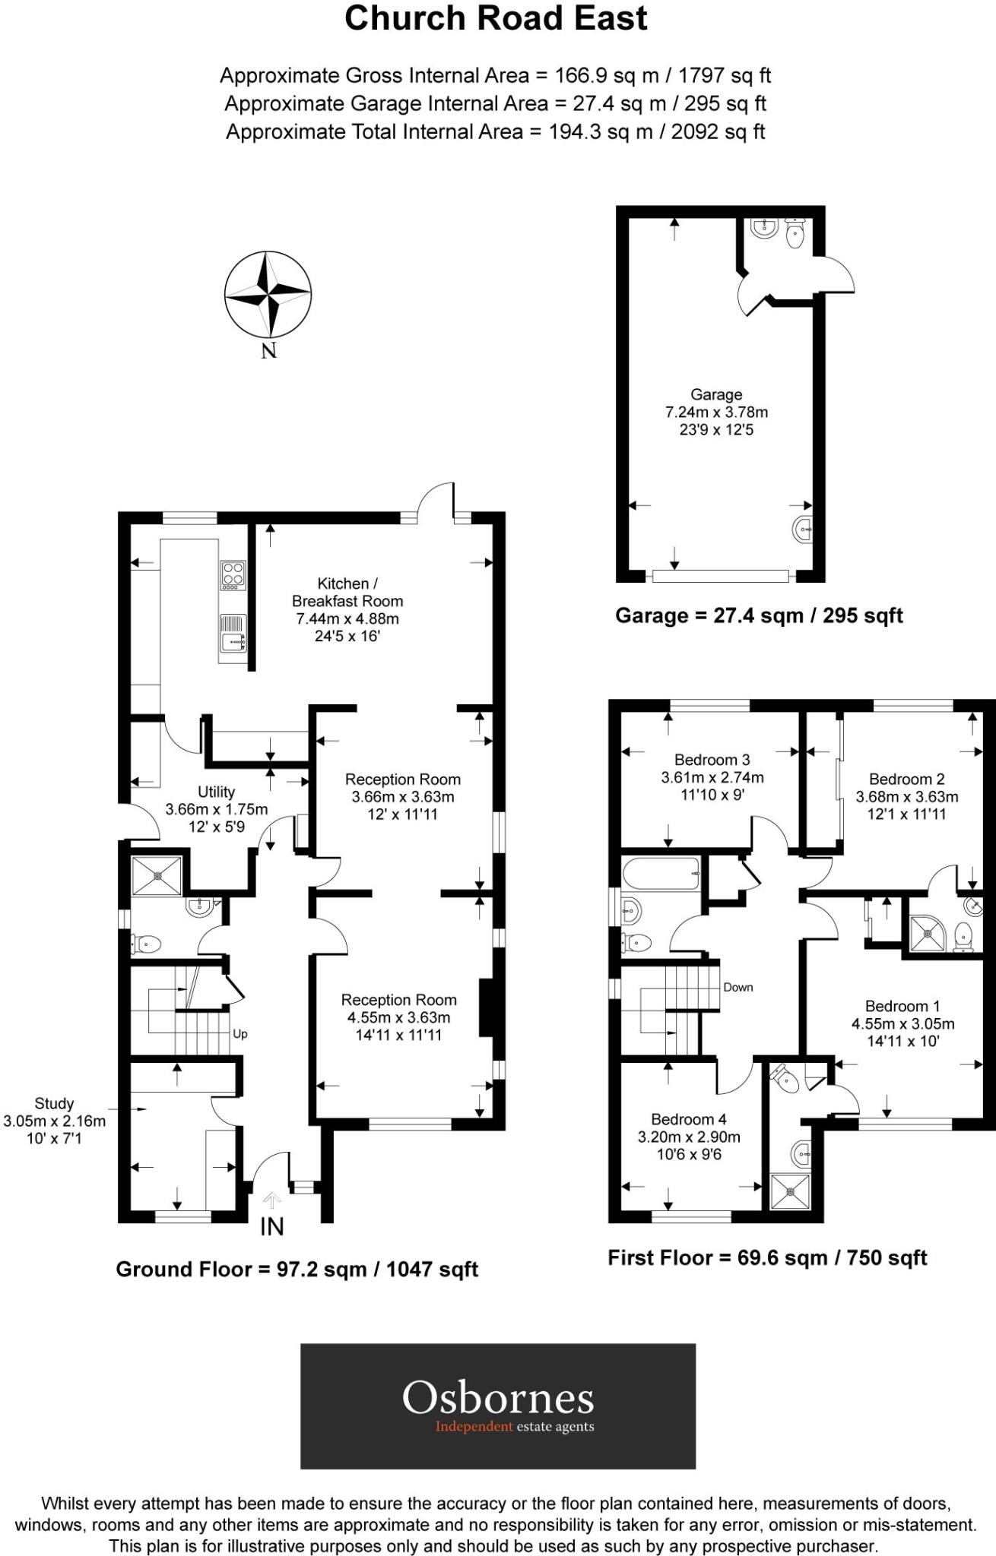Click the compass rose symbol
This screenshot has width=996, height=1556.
point(268,295)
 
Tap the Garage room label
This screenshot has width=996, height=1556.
point(716,394)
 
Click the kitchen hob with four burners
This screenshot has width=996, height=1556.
point(233,575)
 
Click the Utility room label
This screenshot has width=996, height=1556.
point(216,792)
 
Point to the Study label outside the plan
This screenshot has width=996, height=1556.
point(54,1103)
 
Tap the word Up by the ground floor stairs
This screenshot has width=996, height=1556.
point(240,1034)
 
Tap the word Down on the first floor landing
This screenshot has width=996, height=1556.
point(737,987)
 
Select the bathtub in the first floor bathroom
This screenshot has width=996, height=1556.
point(661,873)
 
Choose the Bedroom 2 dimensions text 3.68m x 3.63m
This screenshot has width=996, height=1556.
point(906,797)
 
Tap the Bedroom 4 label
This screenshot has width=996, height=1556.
point(688,1119)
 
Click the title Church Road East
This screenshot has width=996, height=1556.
point(496,18)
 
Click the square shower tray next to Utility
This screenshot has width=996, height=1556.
point(157,875)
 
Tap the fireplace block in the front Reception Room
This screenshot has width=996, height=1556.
point(485,1007)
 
